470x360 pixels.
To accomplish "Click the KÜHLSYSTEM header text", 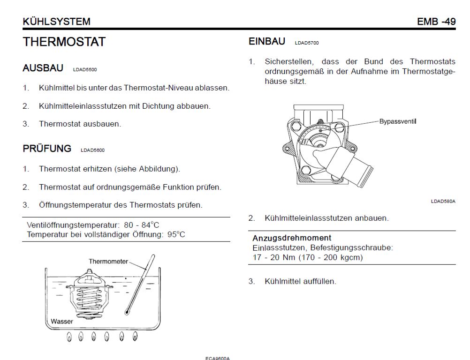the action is (x=56, y=22).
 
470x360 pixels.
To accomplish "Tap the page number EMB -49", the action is (x=436, y=22).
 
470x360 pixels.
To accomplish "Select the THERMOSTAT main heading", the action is (x=64, y=42).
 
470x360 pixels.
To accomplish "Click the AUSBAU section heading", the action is (x=43, y=68).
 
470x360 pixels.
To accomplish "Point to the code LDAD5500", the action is (x=85, y=70).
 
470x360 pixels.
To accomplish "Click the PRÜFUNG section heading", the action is (x=47, y=148).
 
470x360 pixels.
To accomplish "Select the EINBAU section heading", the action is (x=267, y=41).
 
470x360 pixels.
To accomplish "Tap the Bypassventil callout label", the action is (x=398, y=121).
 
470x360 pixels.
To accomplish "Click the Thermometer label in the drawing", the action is (x=108, y=262).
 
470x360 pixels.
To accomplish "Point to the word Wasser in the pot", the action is (x=62, y=322).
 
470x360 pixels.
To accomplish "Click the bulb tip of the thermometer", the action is (x=127, y=312).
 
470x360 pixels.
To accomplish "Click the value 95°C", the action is (x=176, y=234).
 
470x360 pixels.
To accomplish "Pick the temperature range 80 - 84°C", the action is (x=142, y=225).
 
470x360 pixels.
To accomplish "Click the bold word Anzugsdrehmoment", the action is (x=292, y=238).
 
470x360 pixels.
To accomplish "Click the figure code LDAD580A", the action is (x=443, y=201).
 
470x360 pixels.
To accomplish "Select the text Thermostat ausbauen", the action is (x=80, y=124).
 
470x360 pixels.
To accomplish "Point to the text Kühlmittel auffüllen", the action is (x=300, y=282).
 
